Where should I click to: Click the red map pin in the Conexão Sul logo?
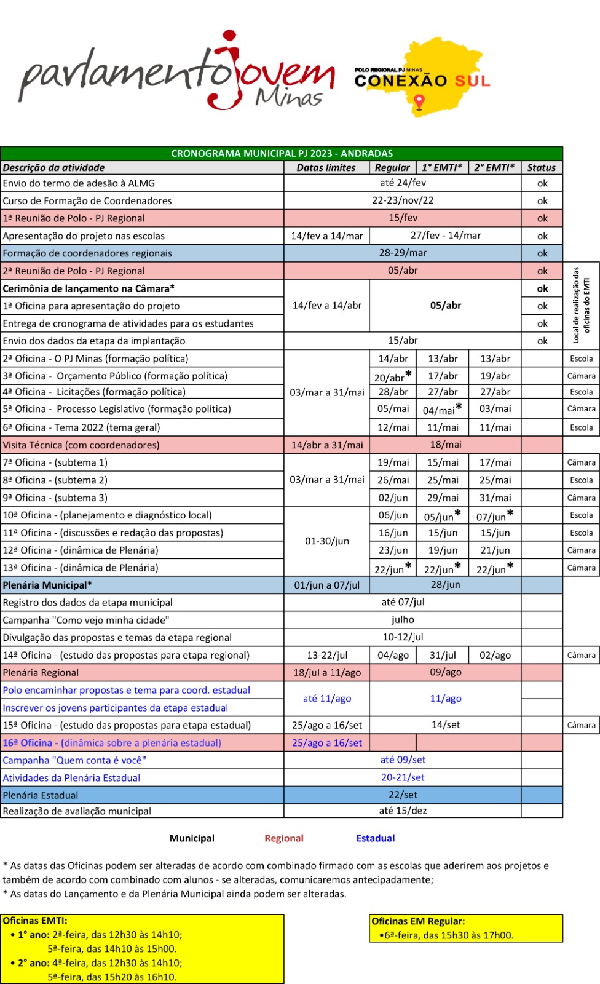pyautogui.click(x=419, y=102)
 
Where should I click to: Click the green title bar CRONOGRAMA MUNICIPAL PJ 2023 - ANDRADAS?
pyautogui.click(x=282, y=153)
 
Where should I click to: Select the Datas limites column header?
pyautogui.click(x=326, y=167)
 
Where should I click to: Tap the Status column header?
pyautogui.click(x=541, y=167)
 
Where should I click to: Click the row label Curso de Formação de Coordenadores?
pyautogui.click(x=87, y=200)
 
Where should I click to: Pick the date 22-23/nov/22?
pyautogui.click(x=403, y=200)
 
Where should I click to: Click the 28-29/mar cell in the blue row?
pyautogui.click(x=403, y=253)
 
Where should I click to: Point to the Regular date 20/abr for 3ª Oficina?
pyautogui.click(x=390, y=377)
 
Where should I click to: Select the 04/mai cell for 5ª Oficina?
pyautogui.click(x=439, y=410)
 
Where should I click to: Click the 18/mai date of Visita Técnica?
pyautogui.click(x=446, y=445)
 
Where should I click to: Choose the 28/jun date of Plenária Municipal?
pyautogui.click(x=446, y=585)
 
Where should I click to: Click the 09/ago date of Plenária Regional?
pyautogui.click(x=446, y=672)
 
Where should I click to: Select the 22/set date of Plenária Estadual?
pyautogui.click(x=403, y=795)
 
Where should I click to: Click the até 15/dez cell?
pyautogui.click(x=403, y=811)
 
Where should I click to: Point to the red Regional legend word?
pyautogui.click(x=284, y=838)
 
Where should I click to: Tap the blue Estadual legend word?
pyautogui.click(x=376, y=838)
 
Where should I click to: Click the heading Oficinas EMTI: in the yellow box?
pyautogui.click(x=35, y=921)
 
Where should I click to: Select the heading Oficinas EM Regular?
pyautogui.click(x=418, y=921)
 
